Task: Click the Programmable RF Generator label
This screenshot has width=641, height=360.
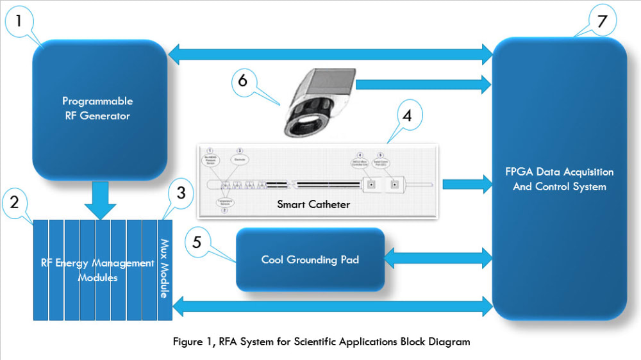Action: [97, 108]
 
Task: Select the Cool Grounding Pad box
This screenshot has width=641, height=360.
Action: [310, 259]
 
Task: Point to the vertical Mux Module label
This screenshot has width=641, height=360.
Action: [165, 269]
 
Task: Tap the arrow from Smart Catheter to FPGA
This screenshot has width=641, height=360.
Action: [466, 184]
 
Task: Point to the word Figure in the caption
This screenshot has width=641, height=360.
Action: [187, 341]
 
